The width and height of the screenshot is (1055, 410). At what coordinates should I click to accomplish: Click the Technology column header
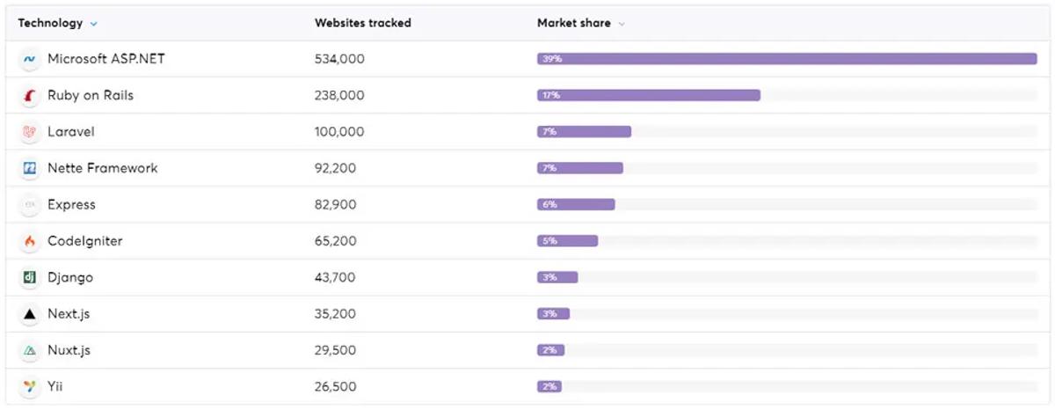pos(50,23)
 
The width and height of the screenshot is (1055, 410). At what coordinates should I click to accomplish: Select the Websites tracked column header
pos(362,23)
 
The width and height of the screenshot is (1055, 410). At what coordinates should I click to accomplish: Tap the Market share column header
pos(573,23)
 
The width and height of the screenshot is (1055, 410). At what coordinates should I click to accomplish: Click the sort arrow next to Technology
pos(94,24)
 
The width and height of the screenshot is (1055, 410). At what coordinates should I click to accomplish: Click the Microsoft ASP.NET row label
pos(105,59)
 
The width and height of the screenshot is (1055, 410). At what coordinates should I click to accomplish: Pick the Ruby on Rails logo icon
pos(30,96)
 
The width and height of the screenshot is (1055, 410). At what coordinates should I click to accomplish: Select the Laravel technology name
pos(70,132)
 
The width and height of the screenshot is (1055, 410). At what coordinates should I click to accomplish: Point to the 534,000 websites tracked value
pos(339,59)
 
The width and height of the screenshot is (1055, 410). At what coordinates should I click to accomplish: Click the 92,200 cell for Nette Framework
pos(335,168)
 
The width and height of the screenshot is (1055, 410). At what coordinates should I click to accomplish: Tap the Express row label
pos(71,205)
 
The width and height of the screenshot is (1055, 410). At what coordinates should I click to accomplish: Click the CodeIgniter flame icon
pos(30,241)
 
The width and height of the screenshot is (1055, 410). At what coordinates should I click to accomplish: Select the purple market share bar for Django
pos(557,277)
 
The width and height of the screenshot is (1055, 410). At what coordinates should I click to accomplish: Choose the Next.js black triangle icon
pos(30,314)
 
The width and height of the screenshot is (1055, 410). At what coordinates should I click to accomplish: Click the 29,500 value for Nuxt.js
pos(335,350)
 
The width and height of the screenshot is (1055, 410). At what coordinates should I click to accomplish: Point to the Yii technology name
pos(55,387)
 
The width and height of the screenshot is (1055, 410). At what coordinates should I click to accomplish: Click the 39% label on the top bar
pos(551,59)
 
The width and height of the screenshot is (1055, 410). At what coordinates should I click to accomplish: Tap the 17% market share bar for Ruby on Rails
pos(649,95)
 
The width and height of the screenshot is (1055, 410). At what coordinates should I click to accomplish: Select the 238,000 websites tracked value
pos(339,95)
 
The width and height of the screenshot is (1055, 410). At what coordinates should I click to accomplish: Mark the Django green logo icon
pos(30,278)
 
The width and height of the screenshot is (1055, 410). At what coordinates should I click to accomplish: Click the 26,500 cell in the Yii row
pos(335,387)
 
